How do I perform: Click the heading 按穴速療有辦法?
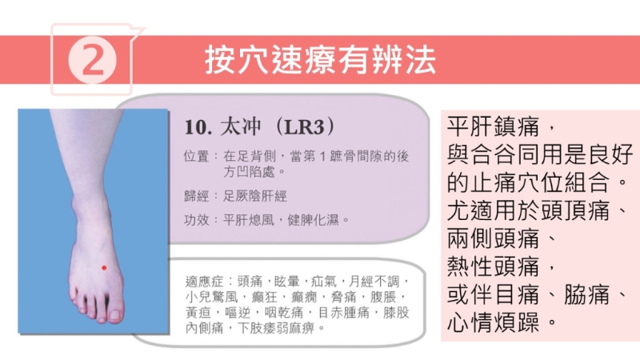point(320,61)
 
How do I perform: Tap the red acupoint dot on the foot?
point(104,267)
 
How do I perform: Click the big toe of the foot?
point(115,309)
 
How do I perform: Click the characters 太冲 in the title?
point(241,127)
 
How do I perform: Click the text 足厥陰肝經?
point(256,195)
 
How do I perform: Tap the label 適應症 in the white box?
point(202,282)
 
